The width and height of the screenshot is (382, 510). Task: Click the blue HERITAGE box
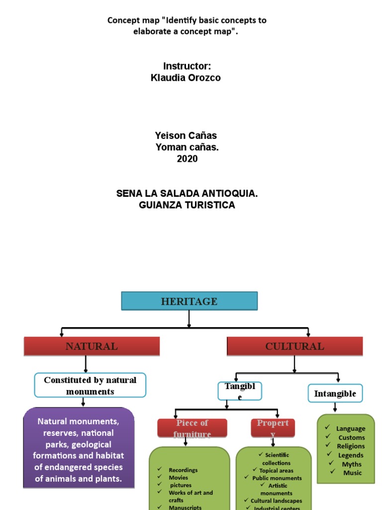point(189,301)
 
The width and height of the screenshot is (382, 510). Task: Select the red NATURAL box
point(92,346)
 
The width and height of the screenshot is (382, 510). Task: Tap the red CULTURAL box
point(294,346)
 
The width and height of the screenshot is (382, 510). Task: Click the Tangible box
point(240,391)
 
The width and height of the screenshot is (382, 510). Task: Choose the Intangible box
point(335,393)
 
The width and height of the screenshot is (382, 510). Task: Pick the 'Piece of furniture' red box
point(192,428)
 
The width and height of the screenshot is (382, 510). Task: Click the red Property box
point(273,428)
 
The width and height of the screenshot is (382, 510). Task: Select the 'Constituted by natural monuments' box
point(90,385)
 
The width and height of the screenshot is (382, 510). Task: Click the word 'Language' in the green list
point(350,428)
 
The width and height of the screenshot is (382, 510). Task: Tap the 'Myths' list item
point(352,464)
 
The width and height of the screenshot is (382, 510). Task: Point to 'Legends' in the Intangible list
point(351,455)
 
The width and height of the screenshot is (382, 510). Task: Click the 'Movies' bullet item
point(178,478)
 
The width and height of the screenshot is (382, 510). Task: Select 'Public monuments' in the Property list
point(277,478)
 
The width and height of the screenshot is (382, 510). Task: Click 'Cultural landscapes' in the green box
point(276,501)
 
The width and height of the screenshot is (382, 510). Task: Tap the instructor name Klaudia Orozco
point(186,78)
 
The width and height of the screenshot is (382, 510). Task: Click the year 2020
point(187,159)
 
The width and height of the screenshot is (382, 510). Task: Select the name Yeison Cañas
point(186,135)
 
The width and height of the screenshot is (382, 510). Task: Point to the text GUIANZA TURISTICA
point(187,205)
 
